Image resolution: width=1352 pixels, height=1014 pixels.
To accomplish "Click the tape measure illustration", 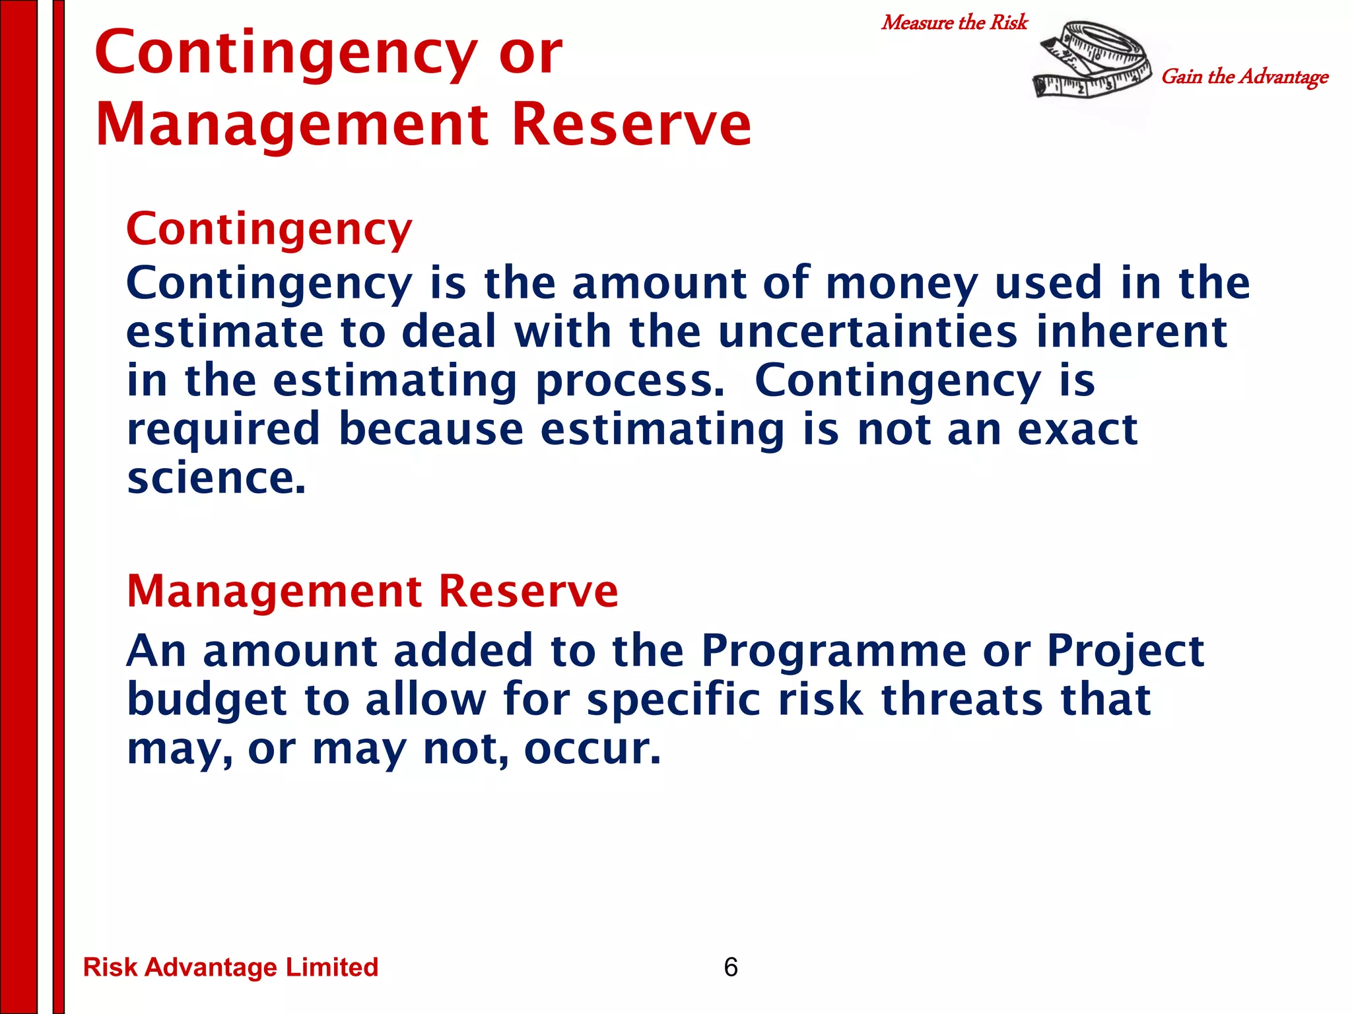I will click(1093, 61).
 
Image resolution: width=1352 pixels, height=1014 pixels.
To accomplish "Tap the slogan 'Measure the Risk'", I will click(955, 22).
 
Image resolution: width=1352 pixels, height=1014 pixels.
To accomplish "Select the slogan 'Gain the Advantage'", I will click(1244, 77).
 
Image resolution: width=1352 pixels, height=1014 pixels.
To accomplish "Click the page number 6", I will click(731, 967).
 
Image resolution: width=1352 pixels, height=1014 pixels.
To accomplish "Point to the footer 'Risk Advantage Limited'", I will click(230, 967).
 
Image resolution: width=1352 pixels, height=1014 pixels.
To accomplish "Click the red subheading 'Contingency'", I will click(269, 229).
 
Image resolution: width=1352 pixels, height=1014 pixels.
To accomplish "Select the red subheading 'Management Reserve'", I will click(372, 590).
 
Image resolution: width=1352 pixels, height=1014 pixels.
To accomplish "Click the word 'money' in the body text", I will click(901, 284).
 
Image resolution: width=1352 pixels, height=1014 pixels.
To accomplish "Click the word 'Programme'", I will click(833, 651).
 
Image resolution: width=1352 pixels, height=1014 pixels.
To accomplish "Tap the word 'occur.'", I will click(592, 749).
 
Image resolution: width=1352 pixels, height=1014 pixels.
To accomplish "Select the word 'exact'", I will click(1077, 430).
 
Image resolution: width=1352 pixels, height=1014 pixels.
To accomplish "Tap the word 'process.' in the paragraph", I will click(630, 382).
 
